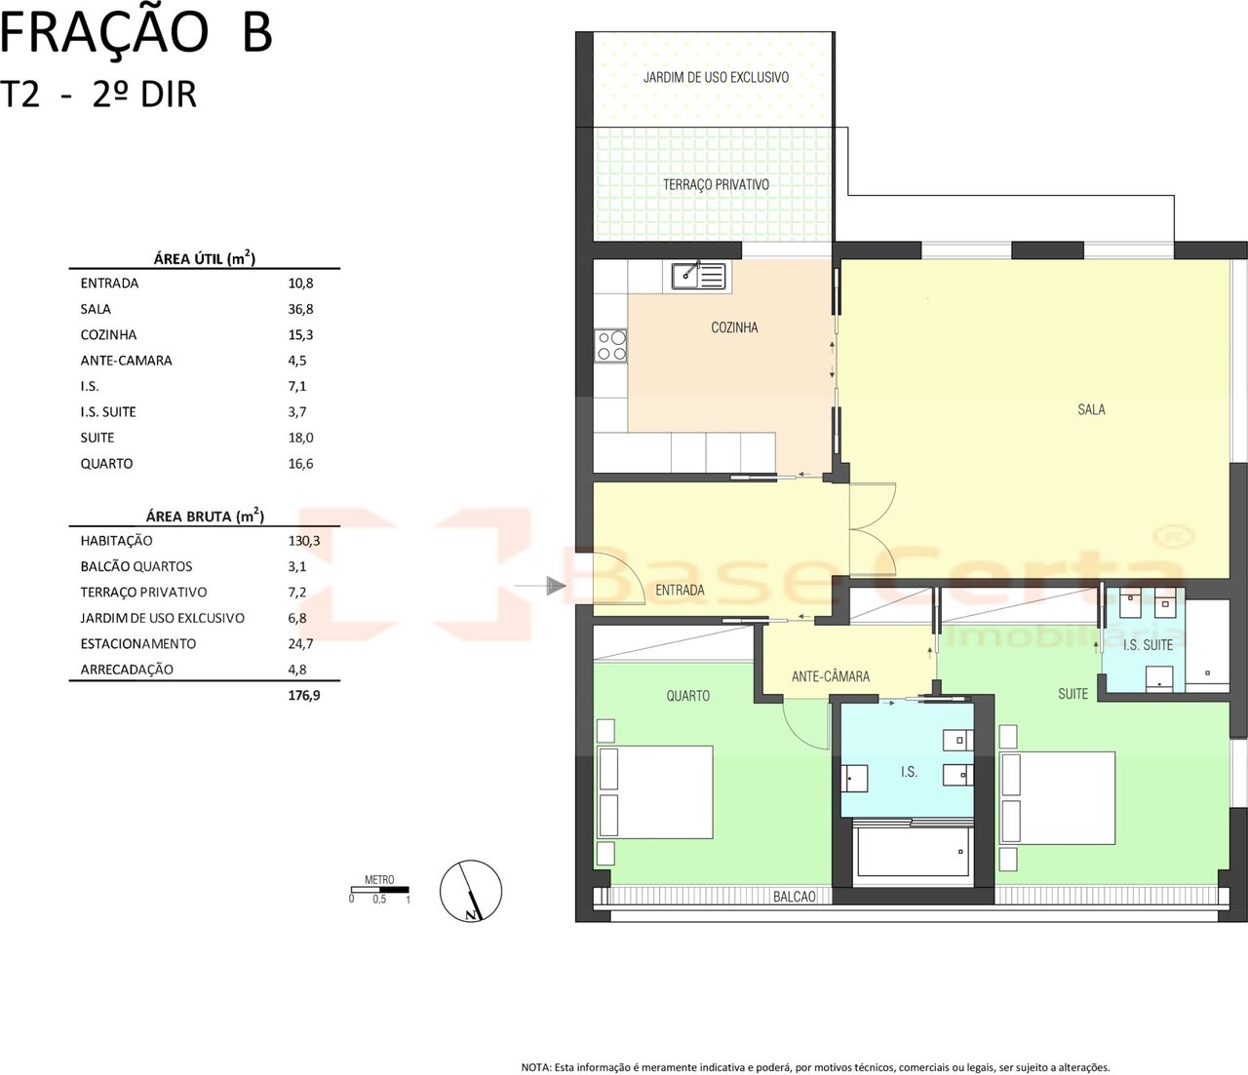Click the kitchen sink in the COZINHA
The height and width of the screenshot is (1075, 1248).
tap(698, 276)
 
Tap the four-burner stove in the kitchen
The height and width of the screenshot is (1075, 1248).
tap(610, 345)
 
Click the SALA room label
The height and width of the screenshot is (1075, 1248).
tap(1091, 410)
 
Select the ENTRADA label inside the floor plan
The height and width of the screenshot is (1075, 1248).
tap(680, 590)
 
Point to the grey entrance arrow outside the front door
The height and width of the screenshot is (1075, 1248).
tap(540, 586)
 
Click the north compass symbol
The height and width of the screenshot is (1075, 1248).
tap(470, 891)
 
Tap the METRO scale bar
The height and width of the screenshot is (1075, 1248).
tap(380, 889)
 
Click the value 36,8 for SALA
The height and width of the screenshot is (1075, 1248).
tap(300, 309)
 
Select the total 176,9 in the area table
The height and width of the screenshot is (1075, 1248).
tap(303, 695)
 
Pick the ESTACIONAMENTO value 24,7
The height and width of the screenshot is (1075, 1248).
tap(300, 644)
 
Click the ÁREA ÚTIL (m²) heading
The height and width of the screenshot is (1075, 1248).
tap(205, 258)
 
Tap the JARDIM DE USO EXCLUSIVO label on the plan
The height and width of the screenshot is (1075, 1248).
tap(716, 77)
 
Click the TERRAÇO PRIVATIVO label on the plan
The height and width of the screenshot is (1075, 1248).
tap(716, 185)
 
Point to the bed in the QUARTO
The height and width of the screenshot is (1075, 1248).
tap(655, 792)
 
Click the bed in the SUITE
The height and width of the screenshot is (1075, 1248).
tap(1057, 797)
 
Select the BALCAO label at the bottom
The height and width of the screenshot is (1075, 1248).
tap(794, 897)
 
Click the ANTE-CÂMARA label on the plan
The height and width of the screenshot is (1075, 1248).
tap(830, 676)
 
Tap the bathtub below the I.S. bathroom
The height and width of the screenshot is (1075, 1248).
tap(912, 852)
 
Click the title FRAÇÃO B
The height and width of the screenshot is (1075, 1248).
tap(136, 34)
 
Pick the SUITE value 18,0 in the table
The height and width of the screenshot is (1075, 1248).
tap(300, 438)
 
